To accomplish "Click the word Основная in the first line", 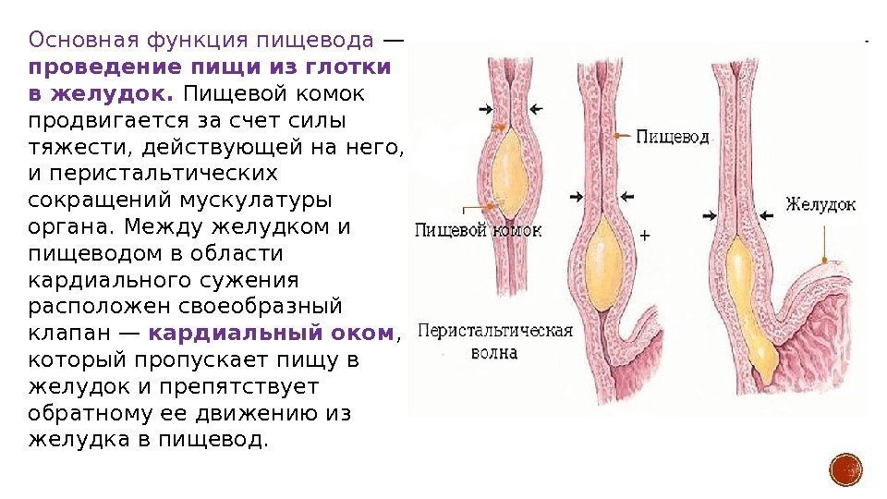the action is (81, 41).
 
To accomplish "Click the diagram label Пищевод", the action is (672, 137).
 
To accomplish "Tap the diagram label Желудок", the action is (820, 204).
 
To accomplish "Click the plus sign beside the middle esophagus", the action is (645, 236).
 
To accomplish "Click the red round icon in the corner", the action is (845, 469).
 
